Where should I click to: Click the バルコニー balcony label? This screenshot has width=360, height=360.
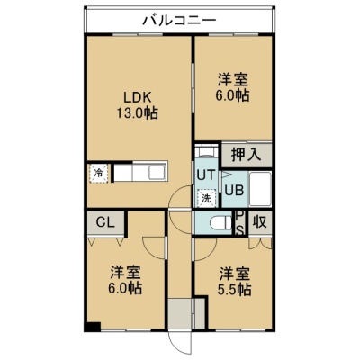179,21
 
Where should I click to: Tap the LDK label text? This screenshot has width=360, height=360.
137,98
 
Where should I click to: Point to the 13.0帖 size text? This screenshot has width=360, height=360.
137,113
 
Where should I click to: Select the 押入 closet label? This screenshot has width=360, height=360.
247,155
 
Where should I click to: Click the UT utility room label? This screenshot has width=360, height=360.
206,175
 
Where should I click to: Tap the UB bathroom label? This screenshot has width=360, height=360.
234,190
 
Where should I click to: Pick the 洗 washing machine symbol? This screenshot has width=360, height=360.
206,198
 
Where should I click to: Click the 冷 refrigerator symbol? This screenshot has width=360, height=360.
98,173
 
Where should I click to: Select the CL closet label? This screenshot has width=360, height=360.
105,222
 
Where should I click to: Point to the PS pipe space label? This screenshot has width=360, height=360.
240,223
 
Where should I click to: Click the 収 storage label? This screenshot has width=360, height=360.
259,222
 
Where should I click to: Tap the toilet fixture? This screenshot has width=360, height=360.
220,223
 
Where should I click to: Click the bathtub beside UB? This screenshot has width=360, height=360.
260,189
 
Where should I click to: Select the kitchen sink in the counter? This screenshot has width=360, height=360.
157,173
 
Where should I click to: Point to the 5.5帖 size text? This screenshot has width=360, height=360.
235,289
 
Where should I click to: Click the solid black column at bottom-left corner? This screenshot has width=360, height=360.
93,327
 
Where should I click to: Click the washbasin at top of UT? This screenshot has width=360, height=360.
206,151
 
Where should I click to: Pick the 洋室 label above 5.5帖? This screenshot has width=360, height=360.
235,274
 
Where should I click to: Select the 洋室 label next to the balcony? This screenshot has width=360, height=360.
233,80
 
